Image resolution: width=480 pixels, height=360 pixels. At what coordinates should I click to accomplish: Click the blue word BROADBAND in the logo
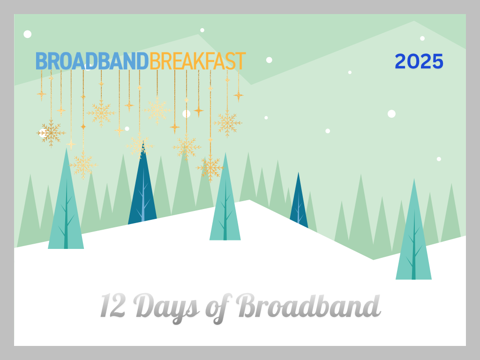(92, 61)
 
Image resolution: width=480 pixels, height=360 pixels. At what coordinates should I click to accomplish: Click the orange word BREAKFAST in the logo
(197, 61)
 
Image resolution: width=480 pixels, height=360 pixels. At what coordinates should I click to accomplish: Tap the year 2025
(419, 61)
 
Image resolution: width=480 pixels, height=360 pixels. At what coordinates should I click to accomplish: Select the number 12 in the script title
(112, 305)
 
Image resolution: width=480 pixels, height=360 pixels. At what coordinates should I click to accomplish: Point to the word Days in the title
(166, 307)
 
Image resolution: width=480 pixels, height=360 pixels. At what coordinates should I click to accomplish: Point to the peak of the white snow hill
(249, 200)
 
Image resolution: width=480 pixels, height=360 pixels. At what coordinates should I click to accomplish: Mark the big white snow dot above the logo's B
(28, 34)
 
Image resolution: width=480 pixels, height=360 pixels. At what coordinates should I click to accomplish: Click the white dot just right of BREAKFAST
(269, 60)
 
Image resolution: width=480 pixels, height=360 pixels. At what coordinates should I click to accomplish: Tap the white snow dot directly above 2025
(422, 38)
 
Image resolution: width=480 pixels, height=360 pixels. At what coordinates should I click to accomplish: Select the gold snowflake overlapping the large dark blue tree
(139, 146)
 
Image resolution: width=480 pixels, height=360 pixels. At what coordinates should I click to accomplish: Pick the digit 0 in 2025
(412, 61)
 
